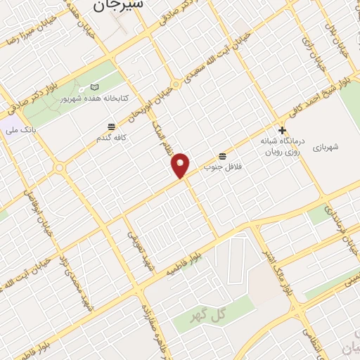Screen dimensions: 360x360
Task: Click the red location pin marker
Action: pyautogui.click(x=181, y=165)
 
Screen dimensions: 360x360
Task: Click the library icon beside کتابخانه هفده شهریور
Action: pyautogui.click(x=95, y=87)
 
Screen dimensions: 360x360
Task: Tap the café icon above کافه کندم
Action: pyautogui.click(x=111, y=127)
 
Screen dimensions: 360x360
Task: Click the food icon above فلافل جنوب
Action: pyautogui.click(x=223, y=155)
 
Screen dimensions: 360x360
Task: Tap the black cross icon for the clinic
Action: pyautogui.click(x=282, y=130)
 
